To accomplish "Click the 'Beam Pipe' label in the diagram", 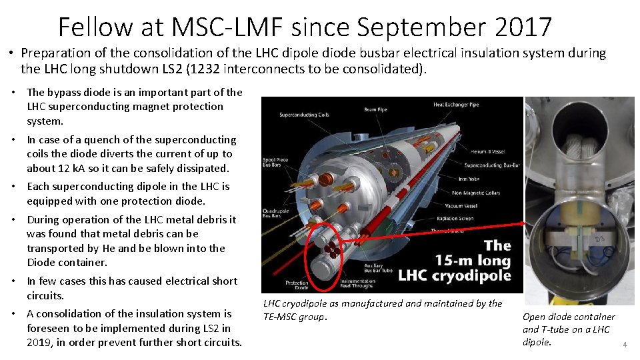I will click(375, 110).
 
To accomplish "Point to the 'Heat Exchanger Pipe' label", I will click(456, 105).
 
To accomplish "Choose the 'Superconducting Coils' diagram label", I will click(303, 115).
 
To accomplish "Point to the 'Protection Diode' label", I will click(297, 285).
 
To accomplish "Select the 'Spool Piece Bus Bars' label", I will click(275, 162).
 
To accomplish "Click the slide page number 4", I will click(625, 345).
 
